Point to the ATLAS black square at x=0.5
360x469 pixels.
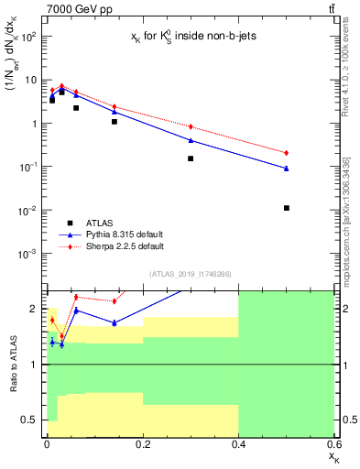pyautogui.click(x=287, y=208)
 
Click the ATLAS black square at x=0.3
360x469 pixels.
pyautogui.click(x=191, y=158)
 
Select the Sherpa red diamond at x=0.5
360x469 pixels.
pyautogui.click(x=287, y=152)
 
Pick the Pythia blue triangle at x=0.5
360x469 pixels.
pyautogui.click(x=287, y=168)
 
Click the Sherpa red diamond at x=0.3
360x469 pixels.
pyautogui.click(x=191, y=126)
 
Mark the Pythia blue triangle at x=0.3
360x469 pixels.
pyautogui.click(x=191, y=139)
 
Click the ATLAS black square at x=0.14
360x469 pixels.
pyautogui.click(x=115, y=121)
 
